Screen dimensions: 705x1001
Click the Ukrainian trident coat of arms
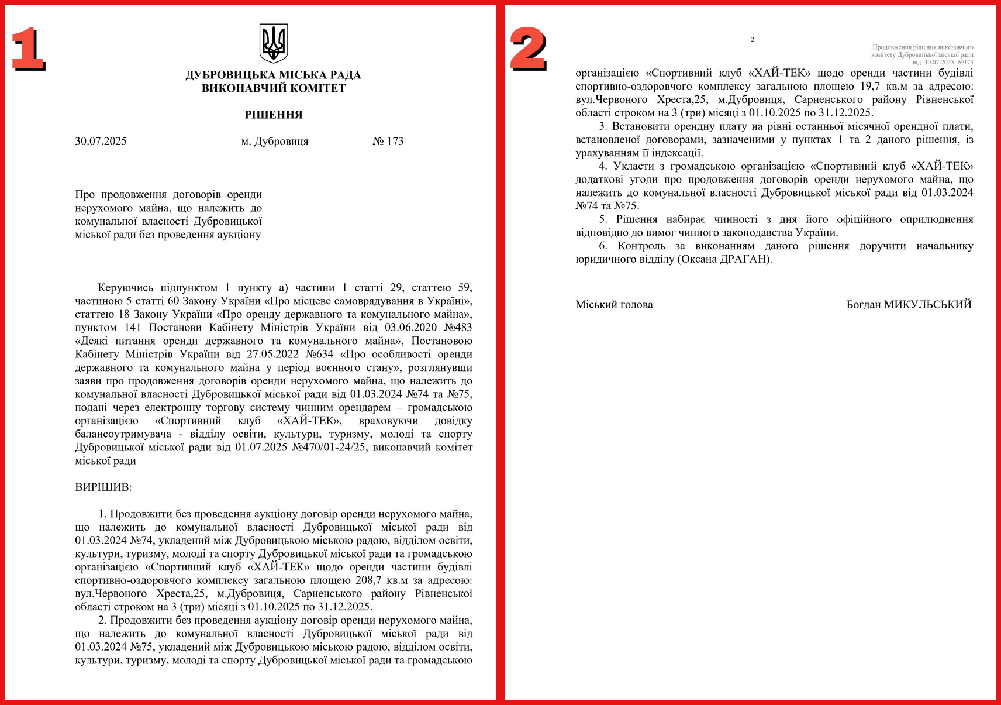click(273, 43)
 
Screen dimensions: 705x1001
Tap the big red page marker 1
click(27, 49)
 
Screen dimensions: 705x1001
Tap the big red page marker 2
click(528, 49)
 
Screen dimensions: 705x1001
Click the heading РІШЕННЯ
click(274, 115)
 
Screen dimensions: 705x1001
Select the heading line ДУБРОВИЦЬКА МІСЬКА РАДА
click(273, 75)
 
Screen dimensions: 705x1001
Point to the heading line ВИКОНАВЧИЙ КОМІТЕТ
click(274, 88)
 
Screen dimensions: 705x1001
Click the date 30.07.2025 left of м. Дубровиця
click(101, 141)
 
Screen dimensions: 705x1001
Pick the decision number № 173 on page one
click(388, 141)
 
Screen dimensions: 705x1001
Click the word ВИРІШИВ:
click(103, 487)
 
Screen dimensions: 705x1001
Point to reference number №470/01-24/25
click(329, 448)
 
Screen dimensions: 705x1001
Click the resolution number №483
click(458, 328)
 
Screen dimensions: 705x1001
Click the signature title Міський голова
click(614, 305)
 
